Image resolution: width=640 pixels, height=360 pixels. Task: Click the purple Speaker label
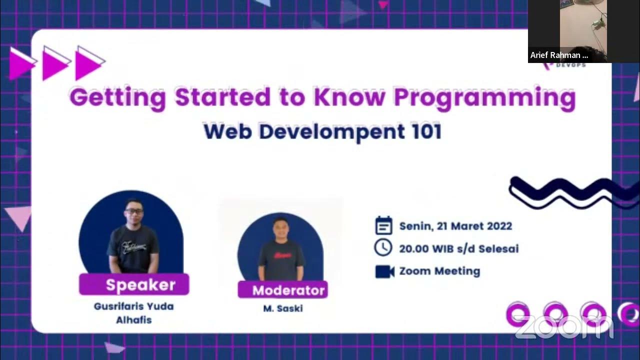[134, 284]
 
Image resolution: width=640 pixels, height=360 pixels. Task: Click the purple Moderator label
[283, 290]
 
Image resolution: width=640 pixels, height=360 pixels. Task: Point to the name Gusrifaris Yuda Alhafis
[133, 312]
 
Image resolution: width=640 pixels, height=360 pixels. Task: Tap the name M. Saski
[282, 308]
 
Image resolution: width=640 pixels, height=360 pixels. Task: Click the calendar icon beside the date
[383, 226]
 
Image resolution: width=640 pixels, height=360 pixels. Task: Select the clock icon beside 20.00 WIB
[383, 248]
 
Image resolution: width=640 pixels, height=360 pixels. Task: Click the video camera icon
[384, 271]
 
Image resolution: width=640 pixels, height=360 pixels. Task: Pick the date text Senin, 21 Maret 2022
[455, 226]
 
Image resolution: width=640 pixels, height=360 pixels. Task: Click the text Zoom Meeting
[439, 271]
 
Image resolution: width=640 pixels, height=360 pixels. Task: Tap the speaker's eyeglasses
[133, 211]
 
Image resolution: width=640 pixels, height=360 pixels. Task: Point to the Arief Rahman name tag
[559, 55]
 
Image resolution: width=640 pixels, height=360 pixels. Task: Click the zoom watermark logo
[563, 327]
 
